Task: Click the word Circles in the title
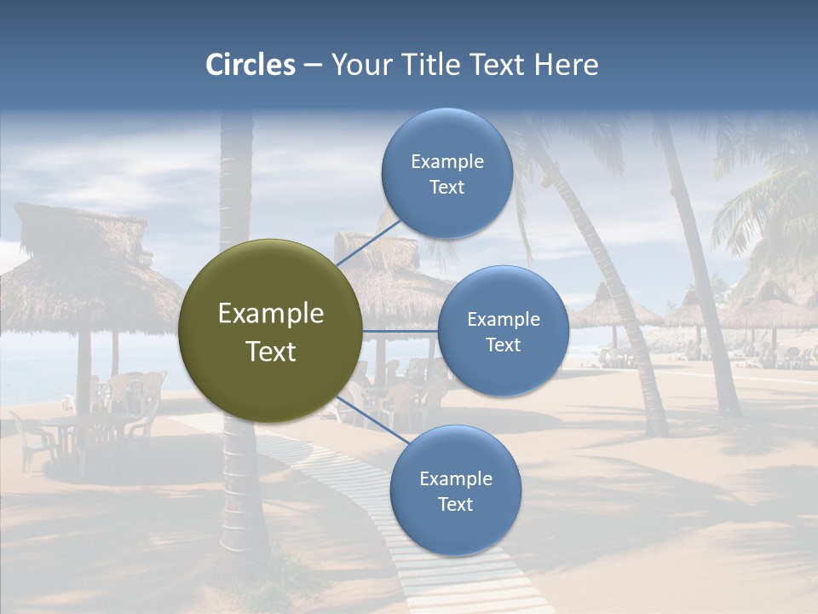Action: click(x=250, y=65)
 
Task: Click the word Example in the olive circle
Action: click(x=270, y=314)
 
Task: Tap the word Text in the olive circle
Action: click(x=270, y=351)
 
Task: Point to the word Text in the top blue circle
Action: click(x=446, y=188)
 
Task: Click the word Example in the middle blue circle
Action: click(x=503, y=320)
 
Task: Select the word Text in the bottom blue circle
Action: click(x=455, y=504)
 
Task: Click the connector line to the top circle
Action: click(x=368, y=242)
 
